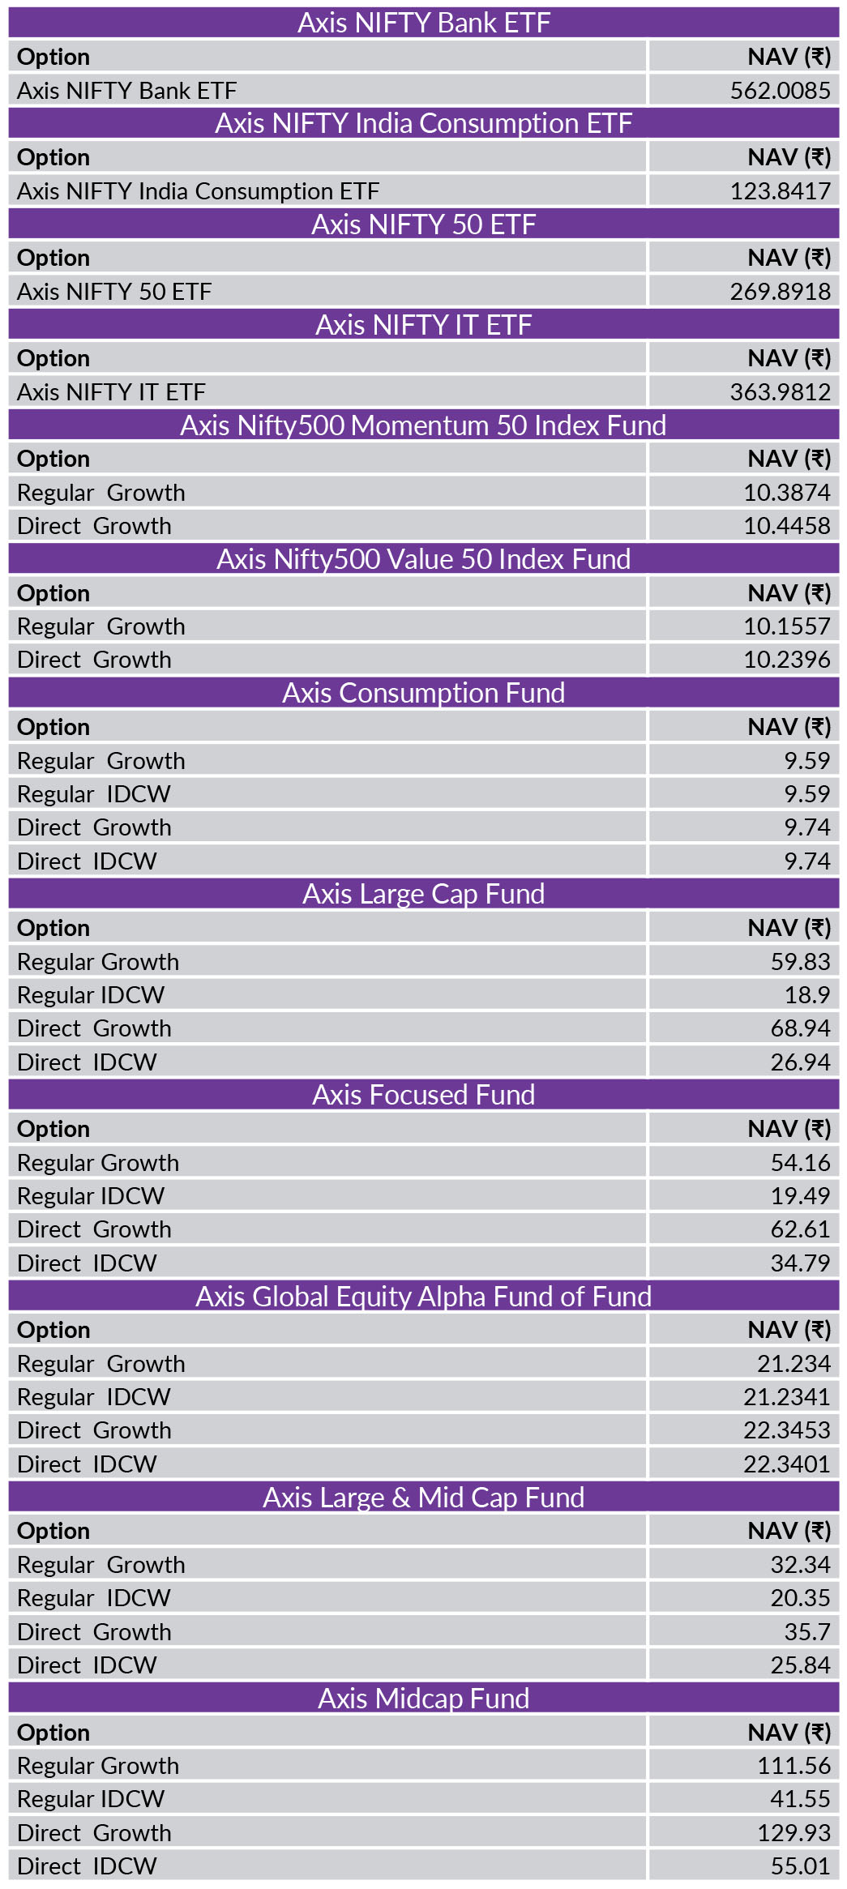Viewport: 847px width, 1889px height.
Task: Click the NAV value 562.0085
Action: point(780,90)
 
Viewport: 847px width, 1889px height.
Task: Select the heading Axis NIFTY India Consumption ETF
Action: point(423,123)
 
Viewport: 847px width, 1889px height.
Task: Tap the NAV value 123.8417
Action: point(780,190)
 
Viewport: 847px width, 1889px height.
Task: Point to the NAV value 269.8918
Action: point(780,291)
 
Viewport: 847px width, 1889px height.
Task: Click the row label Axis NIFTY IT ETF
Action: point(111,392)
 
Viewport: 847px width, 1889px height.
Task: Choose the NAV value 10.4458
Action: point(786,526)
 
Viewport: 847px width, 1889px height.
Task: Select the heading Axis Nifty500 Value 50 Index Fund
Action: point(423,559)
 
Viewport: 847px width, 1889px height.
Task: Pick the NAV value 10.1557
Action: point(786,626)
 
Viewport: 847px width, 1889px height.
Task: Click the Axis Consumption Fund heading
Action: point(423,693)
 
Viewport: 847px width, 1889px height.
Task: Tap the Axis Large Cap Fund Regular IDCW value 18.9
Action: point(806,994)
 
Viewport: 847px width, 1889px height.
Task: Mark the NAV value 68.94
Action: point(800,1028)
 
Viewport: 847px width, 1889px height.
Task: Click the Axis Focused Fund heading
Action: point(423,1095)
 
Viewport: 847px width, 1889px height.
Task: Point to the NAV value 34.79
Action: point(800,1263)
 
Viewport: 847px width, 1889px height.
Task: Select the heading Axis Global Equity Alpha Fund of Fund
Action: point(423,1297)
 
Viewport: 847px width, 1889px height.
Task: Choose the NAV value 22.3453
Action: point(786,1430)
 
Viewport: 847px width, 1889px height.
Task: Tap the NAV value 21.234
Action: point(794,1364)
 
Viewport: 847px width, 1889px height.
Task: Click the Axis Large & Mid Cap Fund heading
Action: point(423,1498)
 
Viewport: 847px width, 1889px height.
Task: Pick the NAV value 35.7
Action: point(806,1631)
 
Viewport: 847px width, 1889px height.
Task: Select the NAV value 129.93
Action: point(794,1832)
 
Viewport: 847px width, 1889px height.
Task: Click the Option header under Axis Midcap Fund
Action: point(53,1733)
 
